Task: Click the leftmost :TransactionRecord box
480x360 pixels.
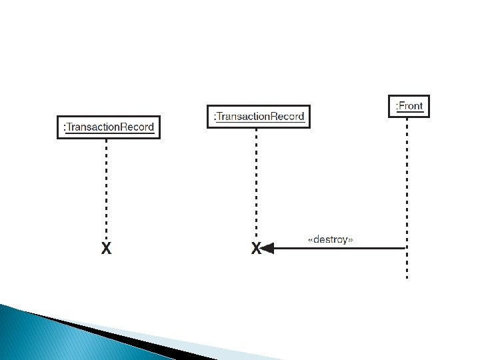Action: click(x=109, y=127)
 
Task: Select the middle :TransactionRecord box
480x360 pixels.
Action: click(x=258, y=117)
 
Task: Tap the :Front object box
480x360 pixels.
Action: click(x=409, y=106)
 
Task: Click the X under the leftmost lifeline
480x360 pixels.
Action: click(x=106, y=249)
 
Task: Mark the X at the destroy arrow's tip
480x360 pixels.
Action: click(x=255, y=249)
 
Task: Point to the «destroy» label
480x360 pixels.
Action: click(x=330, y=239)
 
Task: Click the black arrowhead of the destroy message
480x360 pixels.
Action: click(x=267, y=249)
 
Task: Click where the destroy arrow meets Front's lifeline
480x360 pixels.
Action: click(x=406, y=249)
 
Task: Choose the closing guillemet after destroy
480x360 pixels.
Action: click(x=351, y=240)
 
